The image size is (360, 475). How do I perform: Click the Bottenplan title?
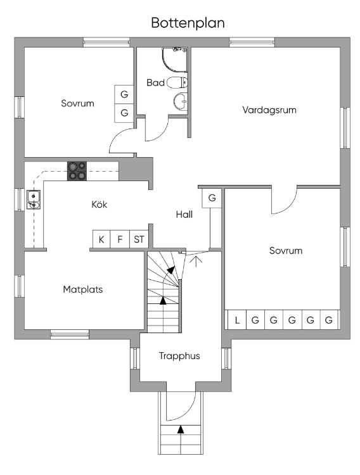[188, 23]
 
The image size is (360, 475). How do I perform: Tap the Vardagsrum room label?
[269, 110]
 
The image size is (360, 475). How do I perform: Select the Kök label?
[99, 204]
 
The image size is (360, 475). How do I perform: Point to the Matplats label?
[83, 289]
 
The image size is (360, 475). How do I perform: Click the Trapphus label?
[179, 356]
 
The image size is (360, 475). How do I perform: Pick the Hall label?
[184, 215]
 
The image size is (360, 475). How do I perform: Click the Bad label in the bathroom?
[155, 83]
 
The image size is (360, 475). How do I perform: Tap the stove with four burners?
[77, 171]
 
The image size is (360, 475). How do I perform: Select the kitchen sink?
[34, 199]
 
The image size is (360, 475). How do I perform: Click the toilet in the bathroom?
[177, 83]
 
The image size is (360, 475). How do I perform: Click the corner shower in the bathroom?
[174, 60]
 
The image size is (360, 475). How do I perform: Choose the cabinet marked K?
[101, 239]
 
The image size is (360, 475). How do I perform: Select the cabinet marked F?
[120, 239]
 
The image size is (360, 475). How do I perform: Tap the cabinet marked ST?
[139, 239]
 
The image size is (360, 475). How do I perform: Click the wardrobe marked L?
[237, 320]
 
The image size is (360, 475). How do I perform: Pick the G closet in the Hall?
[212, 198]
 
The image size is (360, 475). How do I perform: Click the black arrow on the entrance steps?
[181, 429]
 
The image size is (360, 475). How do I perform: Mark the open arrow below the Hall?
[196, 262]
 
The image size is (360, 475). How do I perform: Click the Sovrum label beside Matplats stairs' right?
[286, 251]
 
